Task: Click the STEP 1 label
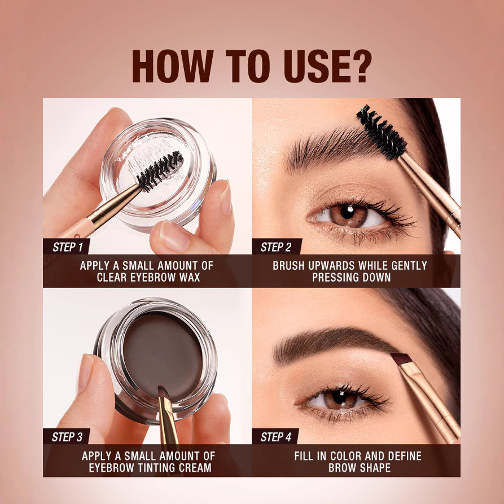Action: tap(68, 247)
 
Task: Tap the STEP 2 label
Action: tap(275, 247)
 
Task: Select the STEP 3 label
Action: tap(68, 437)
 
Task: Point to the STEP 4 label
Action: tap(275, 437)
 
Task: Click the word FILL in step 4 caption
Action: tap(306, 455)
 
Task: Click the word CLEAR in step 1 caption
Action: tap(111, 277)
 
